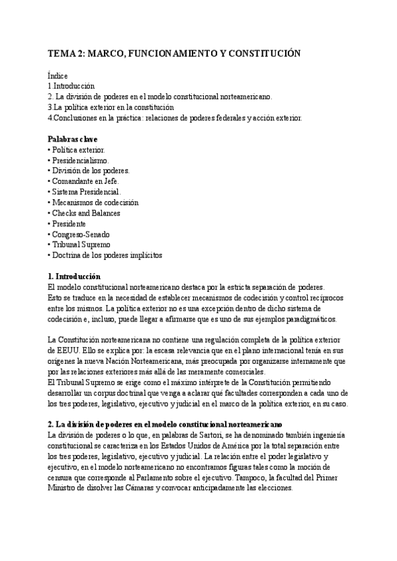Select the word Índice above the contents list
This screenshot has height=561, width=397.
[x=58, y=76]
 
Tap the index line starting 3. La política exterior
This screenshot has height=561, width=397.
[x=110, y=107]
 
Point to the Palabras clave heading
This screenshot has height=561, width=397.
[x=73, y=139]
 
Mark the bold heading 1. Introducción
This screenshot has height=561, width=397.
[x=74, y=276]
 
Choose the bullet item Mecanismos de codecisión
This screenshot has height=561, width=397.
[x=95, y=202]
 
